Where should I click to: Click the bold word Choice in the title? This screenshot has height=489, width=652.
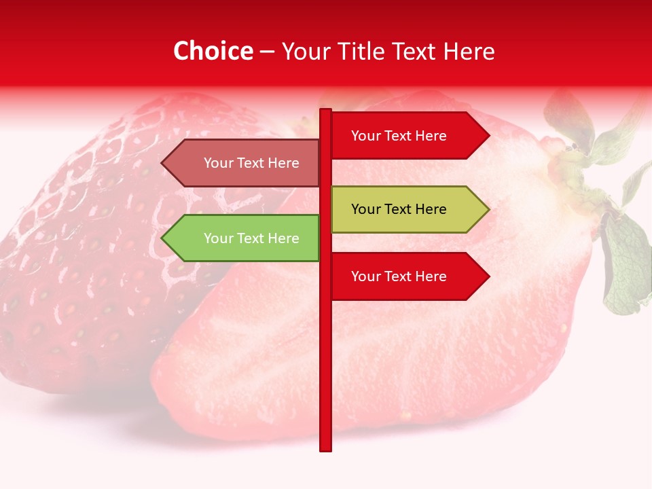point(213,51)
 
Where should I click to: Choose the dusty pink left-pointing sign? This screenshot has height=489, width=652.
point(241,163)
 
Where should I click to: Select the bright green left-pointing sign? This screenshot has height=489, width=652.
point(241,238)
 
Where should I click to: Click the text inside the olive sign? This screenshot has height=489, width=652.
point(399,209)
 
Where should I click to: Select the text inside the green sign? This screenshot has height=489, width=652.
point(251,238)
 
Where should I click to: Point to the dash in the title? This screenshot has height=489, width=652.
point(267,52)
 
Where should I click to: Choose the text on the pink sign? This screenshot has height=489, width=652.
point(251,163)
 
